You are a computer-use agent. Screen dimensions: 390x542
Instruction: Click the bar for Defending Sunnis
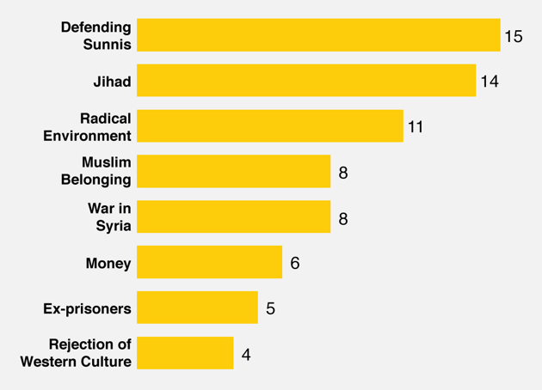pyautogui.click(x=318, y=35)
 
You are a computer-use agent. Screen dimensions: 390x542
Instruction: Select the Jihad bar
pyautogui.click(x=306, y=81)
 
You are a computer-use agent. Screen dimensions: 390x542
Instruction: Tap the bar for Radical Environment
pyautogui.click(x=269, y=126)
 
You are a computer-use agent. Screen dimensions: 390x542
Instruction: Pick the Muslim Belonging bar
pyautogui.click(x=233, y=172)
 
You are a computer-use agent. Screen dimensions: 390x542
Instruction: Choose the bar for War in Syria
pyautogui.click(x=233, y=217)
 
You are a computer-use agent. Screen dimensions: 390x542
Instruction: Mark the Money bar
pyautogui.click(x=209, y=263)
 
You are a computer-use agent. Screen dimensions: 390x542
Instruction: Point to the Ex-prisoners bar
pyautogui.click(x=197, y=308)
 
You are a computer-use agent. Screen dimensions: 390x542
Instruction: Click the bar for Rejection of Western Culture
pyautogui.click(x=185, y=353)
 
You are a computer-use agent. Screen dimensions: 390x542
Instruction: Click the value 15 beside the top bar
pyautogui.click(x=514, y=36)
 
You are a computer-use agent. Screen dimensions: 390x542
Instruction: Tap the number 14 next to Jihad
pyautogui.click(x=490, y=82)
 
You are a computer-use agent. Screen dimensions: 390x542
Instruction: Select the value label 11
pyautogui.click(x=416, y=127)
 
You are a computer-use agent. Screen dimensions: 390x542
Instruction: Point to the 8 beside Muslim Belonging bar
pyautogui.click(x=343, y=173)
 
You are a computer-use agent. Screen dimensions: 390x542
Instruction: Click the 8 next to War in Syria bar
pyautogui.click(x=343, y=218)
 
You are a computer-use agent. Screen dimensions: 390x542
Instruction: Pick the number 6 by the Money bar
pyautogui.click(x=295, y=263)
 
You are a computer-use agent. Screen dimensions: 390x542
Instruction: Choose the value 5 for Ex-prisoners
pyautogui.click(x=270, y=308)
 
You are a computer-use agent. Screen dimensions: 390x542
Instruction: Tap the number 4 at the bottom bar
pyautogui.click(x=246, y=354)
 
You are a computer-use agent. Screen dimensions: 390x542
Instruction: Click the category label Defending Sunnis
pyautogui.click(x=95, y=36)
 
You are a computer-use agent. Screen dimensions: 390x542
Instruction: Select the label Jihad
pyautogui.click(x=112, y=82)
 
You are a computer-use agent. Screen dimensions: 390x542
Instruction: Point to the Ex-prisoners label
pyautogui.click(x=87, y=308)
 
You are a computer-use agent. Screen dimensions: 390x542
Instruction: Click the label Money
pyautogui.click(x=108, y=263)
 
